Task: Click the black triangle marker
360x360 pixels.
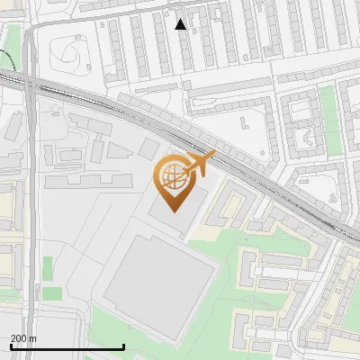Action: (181, 24)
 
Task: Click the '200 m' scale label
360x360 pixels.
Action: (23, 338)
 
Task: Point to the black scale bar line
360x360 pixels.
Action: (67, 346)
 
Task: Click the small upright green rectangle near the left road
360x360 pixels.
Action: (48, 268)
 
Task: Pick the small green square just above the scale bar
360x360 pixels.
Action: (52, 293)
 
